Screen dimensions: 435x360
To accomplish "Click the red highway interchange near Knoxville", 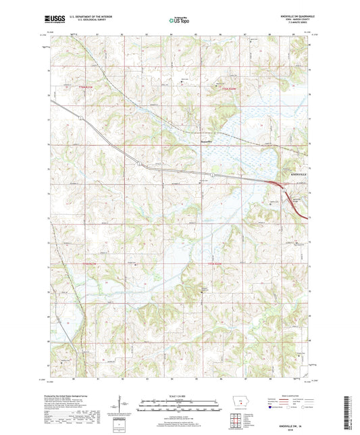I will click(x=278, y=183).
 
